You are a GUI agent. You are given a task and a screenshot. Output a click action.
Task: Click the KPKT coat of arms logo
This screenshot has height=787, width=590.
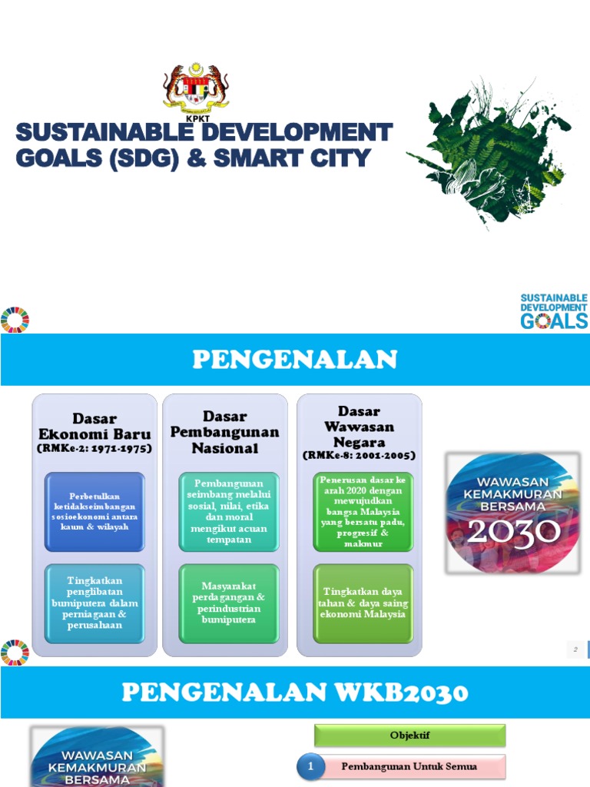(x=196, y=90)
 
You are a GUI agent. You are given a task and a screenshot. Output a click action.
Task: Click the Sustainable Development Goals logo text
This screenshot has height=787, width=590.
(x=553, y=310)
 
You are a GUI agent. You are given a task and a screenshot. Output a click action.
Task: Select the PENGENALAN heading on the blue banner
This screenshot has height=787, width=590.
(x=294, y=359)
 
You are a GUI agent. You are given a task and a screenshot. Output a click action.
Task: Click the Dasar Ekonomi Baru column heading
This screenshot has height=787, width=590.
(x=94, y=427)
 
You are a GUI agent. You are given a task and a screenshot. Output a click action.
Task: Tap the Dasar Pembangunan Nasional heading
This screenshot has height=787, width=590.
(x=224, y=432)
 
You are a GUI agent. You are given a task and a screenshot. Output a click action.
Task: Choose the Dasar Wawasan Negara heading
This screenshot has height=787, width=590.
(x=359, y=427)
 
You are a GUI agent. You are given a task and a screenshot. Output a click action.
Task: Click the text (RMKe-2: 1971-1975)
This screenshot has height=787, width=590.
(x=94, y=449)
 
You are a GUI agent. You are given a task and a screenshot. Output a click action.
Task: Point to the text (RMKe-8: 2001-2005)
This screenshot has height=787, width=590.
(x=359, y=456)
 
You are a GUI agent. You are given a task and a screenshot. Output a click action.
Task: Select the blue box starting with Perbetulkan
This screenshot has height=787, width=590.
(x=94, y=511)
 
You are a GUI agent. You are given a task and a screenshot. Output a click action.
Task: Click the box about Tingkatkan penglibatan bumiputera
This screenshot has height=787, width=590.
(x=94, y=603)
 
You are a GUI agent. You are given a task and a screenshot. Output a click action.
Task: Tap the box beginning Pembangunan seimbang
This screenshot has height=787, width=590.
(x=228, y=511)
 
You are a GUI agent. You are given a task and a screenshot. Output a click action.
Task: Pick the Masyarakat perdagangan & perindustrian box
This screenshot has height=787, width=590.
(x=228, y=603)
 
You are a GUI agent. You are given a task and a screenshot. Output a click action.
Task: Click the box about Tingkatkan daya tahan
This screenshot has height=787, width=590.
(x=363, y=603)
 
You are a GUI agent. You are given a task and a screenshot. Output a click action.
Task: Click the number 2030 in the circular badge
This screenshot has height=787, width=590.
(x=513, y=533)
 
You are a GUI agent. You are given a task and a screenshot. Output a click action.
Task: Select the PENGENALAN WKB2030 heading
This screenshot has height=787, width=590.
(x=294, y=692)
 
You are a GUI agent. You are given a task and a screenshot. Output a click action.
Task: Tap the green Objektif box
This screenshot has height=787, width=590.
(x=409, y=736)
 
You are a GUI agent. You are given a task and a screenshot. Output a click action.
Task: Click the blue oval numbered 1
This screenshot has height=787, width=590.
(x=310, y=766)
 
